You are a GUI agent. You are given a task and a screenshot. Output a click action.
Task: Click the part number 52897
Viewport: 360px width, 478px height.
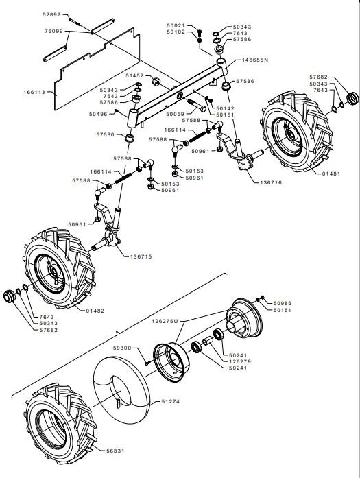[x=52, y=14]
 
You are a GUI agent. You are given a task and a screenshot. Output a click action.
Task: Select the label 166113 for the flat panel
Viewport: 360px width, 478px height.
[x=34, y=92]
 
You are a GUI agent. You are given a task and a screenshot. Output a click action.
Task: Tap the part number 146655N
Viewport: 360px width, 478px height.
[x=255, y=60]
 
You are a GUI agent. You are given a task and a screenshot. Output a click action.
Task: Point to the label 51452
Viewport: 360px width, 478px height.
[x=134, y=75]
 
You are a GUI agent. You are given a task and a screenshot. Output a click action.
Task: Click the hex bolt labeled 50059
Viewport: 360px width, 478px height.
[x=196, y=104]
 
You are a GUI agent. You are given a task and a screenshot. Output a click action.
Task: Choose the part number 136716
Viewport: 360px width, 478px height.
[x=271, y=182]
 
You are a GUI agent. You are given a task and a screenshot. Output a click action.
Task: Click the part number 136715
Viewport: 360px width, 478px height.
[x=141, y=256]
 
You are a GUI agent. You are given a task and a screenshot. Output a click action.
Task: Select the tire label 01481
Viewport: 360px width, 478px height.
[x=331, y=174]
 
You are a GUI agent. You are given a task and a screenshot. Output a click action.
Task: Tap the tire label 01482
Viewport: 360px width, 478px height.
[x=95, y=311]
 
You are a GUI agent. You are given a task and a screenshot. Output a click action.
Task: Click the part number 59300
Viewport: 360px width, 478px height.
[x=122, y=348]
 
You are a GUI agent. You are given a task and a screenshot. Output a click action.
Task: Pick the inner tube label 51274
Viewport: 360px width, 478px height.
[x=170, y=401]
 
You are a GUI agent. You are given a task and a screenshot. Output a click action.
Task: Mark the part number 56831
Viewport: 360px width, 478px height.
[x=115, y=451]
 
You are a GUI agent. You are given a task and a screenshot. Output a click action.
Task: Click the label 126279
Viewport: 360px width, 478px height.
[x=240, y=361]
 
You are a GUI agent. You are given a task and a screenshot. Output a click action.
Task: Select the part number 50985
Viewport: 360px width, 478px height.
[x=283, y=303]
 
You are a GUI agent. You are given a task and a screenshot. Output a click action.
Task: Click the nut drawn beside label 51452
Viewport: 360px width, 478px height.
[x=156, y=82]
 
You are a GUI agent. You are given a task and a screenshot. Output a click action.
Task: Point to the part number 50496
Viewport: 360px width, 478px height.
[x=98, y=114]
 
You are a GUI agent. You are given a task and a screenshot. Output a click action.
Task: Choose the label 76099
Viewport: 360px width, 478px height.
[x=53, y=31]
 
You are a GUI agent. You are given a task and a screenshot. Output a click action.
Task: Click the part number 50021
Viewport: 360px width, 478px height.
[x=176, y=25]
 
